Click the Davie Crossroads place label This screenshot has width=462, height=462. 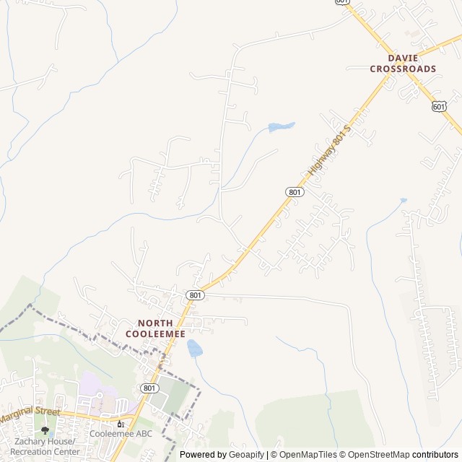(403, 63)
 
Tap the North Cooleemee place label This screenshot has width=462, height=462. (155, 328)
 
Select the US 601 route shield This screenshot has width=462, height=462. (439, 106)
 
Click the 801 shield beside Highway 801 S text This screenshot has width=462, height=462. (294, 191)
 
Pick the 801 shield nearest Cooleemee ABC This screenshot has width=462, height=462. (149, 388)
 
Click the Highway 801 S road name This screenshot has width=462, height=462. (328, 152)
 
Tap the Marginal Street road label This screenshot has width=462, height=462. (30, 415)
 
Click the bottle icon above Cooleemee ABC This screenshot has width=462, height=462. (121, 423)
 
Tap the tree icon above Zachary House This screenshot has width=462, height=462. (45, 431)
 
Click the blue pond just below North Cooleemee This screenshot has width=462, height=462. (194, 349)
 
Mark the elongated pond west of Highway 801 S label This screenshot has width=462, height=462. (282, 127)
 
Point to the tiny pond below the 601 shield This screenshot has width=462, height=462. (403, 201)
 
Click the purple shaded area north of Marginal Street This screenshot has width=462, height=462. (94, 383)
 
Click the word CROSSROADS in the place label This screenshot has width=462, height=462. (403, 69)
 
